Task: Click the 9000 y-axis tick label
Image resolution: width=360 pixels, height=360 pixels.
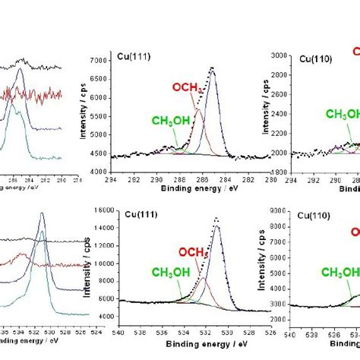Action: (x=279, y=210)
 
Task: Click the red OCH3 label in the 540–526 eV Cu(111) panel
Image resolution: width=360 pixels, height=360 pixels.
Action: (x=194, y=252)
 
